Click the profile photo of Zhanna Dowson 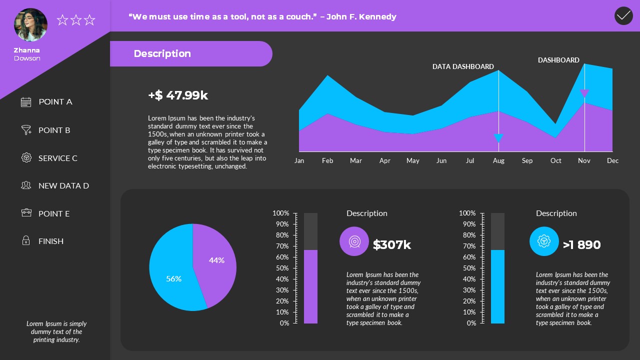(31, 24)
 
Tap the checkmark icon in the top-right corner (623, 16)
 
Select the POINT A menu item (55, 102)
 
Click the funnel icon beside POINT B (26, 130)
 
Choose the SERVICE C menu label (57, 158)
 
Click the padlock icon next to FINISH (26, 241)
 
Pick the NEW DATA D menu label (63, 186)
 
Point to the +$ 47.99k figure (178, 95)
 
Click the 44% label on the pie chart (216, 260)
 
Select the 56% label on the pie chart (173, 278)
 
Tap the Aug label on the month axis (498, 160)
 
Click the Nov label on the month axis (584, 160)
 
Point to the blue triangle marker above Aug (498, 138)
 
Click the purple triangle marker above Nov (584, 93)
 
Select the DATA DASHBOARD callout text (463, 66)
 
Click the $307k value (392, 245)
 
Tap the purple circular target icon (354, 241)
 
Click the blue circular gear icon (544, 241)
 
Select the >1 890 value (581, 245)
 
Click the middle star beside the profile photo (76, 20)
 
